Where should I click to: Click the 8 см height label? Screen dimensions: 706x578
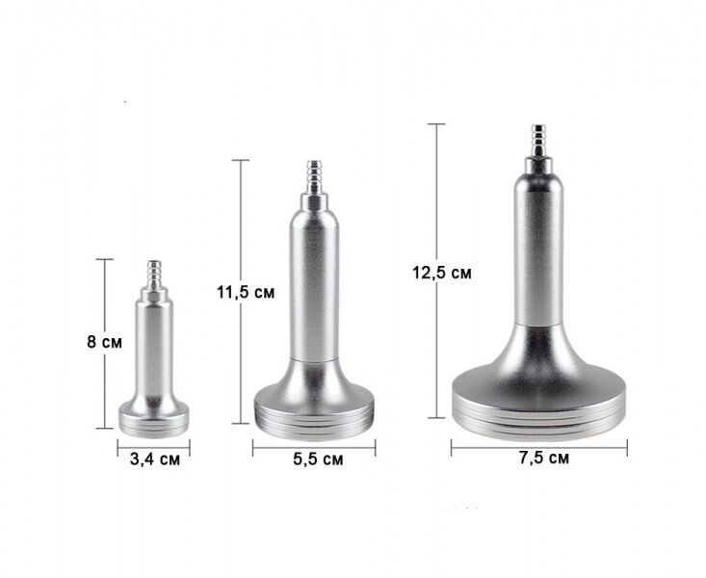pyautogui.click(x=104, y=342)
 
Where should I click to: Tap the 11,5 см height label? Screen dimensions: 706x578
pyautogui.click(x=246, y=293)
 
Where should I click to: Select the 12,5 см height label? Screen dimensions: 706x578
pyautogui.click(x=442, y=273)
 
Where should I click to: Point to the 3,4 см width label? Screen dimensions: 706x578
pyautogui.click(x=155, y=460)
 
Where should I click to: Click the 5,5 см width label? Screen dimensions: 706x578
pyautogui.click(x=318, y=460)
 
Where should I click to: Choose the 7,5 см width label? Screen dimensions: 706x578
pyautogui.click(x=544, y=458)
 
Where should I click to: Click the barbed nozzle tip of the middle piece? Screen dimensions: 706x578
pyautogui.click(x=314, y=176)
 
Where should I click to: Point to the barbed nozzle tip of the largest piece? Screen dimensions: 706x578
pyautogui.click(x=537, y=141)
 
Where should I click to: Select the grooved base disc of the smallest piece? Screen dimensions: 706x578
pyautogui.click(x=154, y=419)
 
